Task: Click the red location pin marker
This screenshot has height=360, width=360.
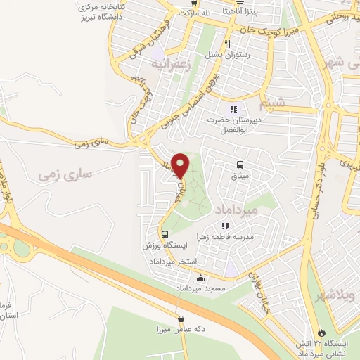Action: [180, 165]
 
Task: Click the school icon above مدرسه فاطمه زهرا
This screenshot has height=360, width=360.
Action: [226, 226]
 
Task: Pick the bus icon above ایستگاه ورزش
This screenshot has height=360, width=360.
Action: [165, 234]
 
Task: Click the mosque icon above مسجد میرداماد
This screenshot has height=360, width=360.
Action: [202, 278]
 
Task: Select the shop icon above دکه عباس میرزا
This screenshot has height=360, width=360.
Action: [181, 318]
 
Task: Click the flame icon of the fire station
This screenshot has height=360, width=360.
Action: [322, 330]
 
